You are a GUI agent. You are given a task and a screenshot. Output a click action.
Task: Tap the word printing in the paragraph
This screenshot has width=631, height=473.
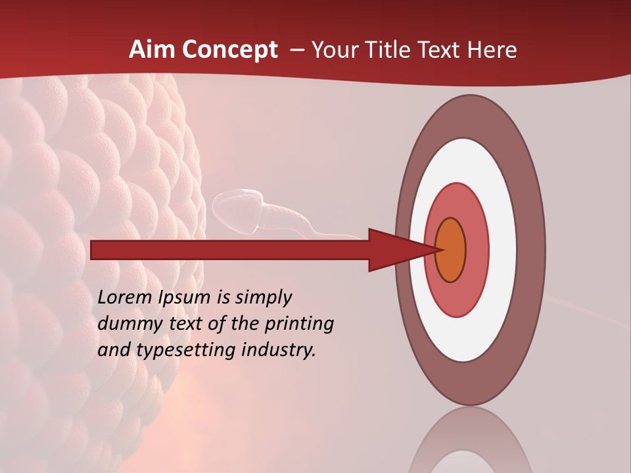pos(299,324)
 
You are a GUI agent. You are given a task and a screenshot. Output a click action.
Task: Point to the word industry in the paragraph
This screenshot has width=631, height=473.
pos(279,350)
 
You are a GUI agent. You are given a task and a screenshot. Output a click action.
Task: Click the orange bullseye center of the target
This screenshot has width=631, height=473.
pos(450,250)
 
